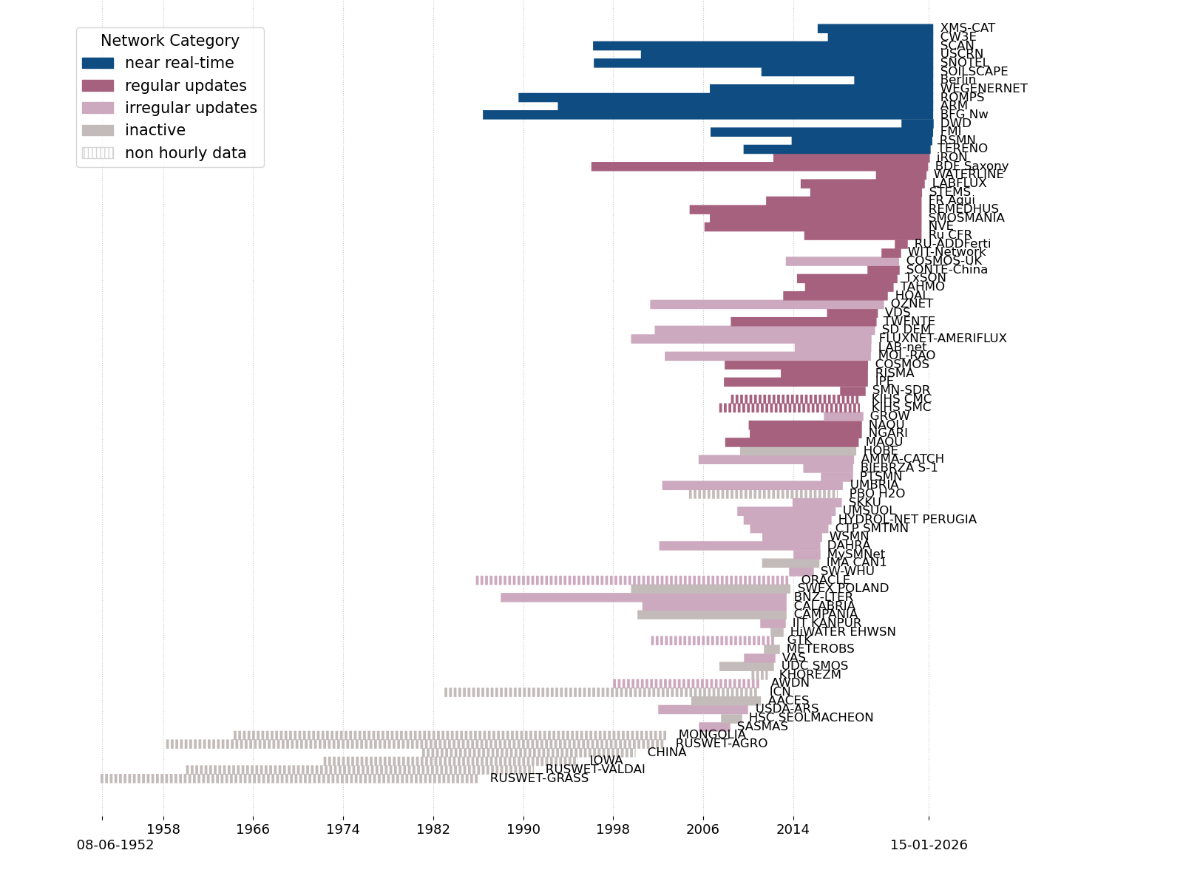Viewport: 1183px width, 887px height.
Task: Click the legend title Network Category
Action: pos(169,41)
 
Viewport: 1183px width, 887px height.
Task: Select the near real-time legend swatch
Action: pos(98,64)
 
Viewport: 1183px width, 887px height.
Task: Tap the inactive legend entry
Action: pos(155,131)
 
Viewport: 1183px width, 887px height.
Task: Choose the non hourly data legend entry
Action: pos(185,154)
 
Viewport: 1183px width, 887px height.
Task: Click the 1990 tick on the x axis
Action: pos(523,829)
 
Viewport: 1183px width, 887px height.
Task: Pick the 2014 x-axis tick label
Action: pos(793,829)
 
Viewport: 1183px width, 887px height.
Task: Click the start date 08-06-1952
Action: pos(115,845)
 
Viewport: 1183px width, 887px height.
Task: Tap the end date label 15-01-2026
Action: pos(929,845)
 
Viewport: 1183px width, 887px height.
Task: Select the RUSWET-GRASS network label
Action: pos(539,778)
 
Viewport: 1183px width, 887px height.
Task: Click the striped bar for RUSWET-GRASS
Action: pos(288,778)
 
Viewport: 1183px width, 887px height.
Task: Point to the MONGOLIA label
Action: pos(712,735)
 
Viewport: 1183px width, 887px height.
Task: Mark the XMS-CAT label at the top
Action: pos(967,28)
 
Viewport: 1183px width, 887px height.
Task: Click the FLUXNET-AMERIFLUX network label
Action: pos(943,339)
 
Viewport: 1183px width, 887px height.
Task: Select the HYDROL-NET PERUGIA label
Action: pos(907,520)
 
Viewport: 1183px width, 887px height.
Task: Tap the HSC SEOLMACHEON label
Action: pos(811,718)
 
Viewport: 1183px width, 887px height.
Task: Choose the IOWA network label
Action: pos(606,761)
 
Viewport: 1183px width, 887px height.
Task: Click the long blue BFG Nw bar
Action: pos(702,115)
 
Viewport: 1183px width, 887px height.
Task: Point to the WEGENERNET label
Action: pos(983,89)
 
